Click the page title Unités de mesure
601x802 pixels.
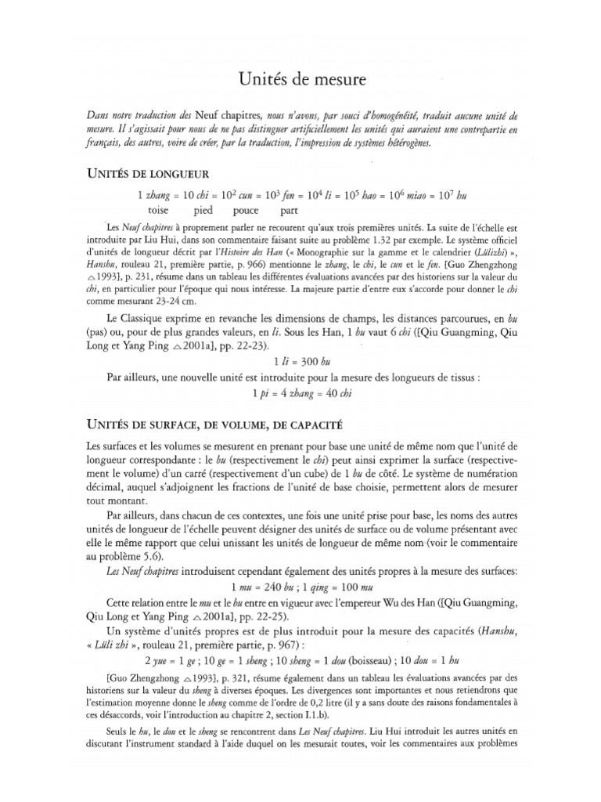pos(300,80)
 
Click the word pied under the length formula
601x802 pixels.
pos(203,211)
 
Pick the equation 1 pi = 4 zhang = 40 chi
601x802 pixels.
pos(300,392)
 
